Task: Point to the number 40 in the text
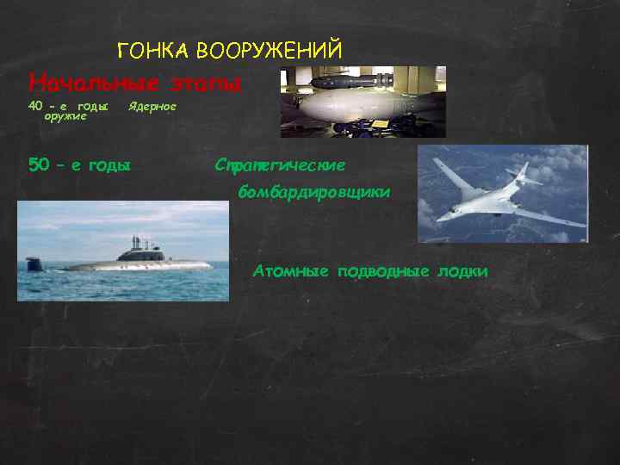point(35,106)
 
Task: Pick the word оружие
point(65,116)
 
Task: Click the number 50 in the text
point(40,164)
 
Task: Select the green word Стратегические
point(281,164)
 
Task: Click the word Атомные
point(291,271)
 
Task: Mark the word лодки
point(462,271)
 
